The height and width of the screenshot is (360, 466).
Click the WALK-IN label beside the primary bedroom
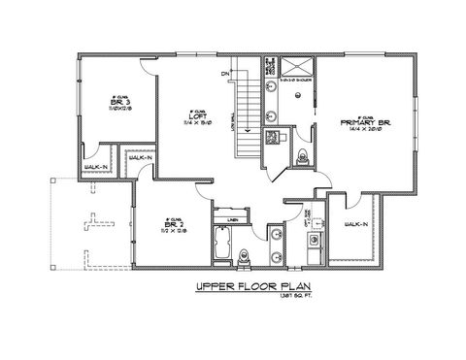pos(356,225)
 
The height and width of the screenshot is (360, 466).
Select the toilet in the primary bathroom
pos(301,158)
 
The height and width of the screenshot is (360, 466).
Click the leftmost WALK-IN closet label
pos(95,167)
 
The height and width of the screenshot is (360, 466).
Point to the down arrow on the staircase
pos(249,123)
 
